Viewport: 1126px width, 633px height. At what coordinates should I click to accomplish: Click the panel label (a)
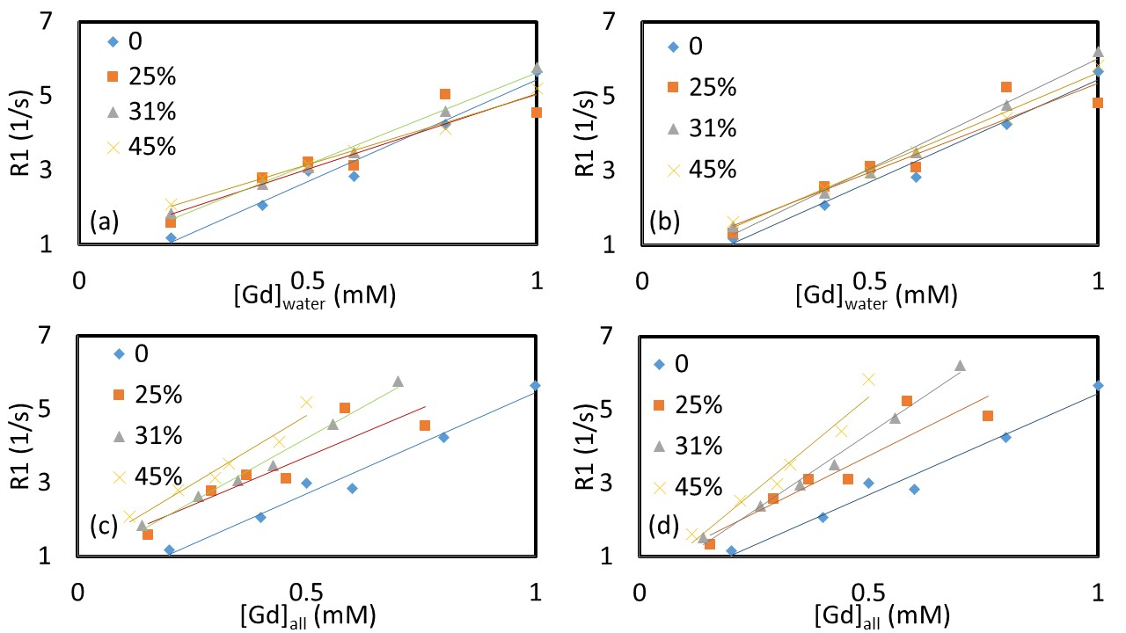(104, 223)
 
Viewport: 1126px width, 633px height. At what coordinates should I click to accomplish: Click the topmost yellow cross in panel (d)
(869, 379)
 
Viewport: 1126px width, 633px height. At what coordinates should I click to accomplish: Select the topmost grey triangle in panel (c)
(398, 381)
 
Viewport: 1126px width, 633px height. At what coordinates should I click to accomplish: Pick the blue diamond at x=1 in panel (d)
(1097, 385)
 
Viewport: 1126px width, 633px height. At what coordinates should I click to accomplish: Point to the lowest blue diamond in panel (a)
(171, 237)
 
